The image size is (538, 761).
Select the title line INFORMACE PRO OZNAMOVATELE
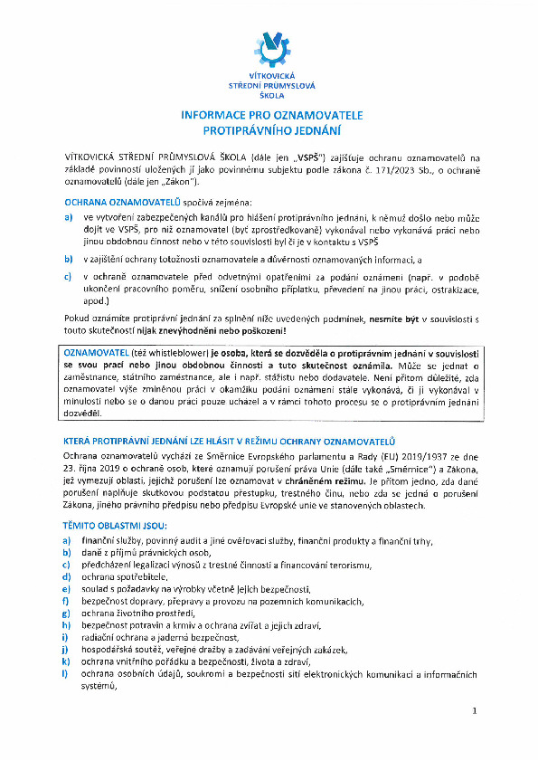click(x=271, y=116)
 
